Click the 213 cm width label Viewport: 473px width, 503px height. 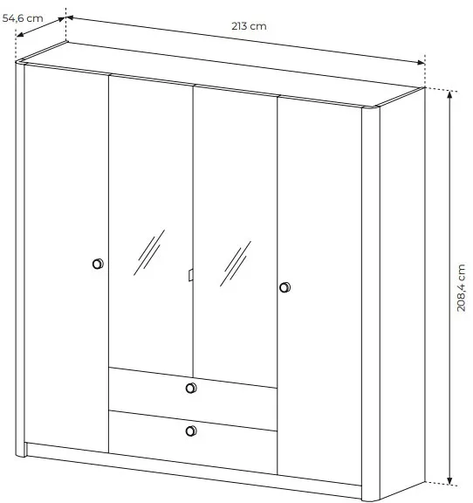(249, 26)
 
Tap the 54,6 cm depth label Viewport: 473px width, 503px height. (23, 18)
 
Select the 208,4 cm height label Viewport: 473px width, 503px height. (461, 287)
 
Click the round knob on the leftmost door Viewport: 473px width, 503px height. (98, 264)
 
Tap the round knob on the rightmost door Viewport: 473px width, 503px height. (284, 287)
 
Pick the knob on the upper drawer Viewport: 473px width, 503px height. (191, 388)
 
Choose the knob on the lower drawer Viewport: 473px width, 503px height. (191, 431)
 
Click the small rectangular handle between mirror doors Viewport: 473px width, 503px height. (190, 275)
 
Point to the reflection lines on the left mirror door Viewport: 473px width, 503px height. (149, 252)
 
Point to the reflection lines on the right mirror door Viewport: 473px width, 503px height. (236, 264)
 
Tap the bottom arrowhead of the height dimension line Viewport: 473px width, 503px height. (449, 481)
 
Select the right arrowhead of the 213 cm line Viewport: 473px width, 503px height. (421, 63)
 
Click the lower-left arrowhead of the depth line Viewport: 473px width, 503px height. (19, 35)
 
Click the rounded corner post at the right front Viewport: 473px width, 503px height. (371, 303)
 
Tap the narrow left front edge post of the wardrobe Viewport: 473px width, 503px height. (20, 258)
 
